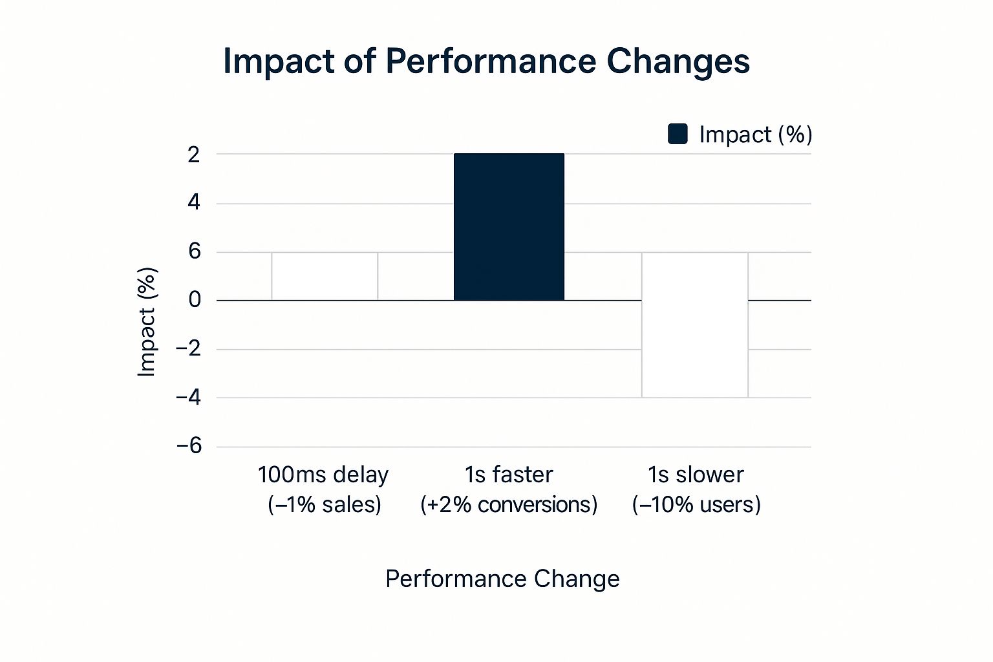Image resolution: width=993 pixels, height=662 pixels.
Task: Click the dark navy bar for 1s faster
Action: tap(509, 227)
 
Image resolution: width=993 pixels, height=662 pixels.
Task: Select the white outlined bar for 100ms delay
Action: tap(325, 277)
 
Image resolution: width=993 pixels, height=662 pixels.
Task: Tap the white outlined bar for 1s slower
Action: tap(695, 325)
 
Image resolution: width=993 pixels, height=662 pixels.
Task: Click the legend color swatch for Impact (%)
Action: tap(678, 134)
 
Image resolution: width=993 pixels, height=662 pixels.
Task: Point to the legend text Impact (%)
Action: tap(755, 134)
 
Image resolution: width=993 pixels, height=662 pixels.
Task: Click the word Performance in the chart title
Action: tap(491, 61)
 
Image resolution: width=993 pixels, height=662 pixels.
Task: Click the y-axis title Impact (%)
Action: tap(147, 321)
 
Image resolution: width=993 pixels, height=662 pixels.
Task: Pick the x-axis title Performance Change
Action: tap(502, 579)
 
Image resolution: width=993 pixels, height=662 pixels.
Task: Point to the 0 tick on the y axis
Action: tap(195, 300)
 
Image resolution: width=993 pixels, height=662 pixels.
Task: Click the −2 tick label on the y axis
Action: tap(189, 349)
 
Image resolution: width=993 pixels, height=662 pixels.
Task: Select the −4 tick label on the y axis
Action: tap(189, 398)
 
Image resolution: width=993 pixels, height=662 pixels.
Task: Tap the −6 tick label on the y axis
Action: tap(189, 446)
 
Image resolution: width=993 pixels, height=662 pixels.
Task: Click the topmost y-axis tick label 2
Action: tap(194, 155)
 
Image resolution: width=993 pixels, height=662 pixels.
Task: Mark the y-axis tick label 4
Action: tap(194, 203)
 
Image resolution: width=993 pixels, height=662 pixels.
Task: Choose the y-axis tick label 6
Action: tap(194, 251)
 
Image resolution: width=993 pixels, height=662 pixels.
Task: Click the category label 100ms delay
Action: tap(323, 475)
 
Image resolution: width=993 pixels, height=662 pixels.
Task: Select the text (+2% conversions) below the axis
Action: tap(509, 504)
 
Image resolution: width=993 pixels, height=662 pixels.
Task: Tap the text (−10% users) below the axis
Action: tap(696, 504)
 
